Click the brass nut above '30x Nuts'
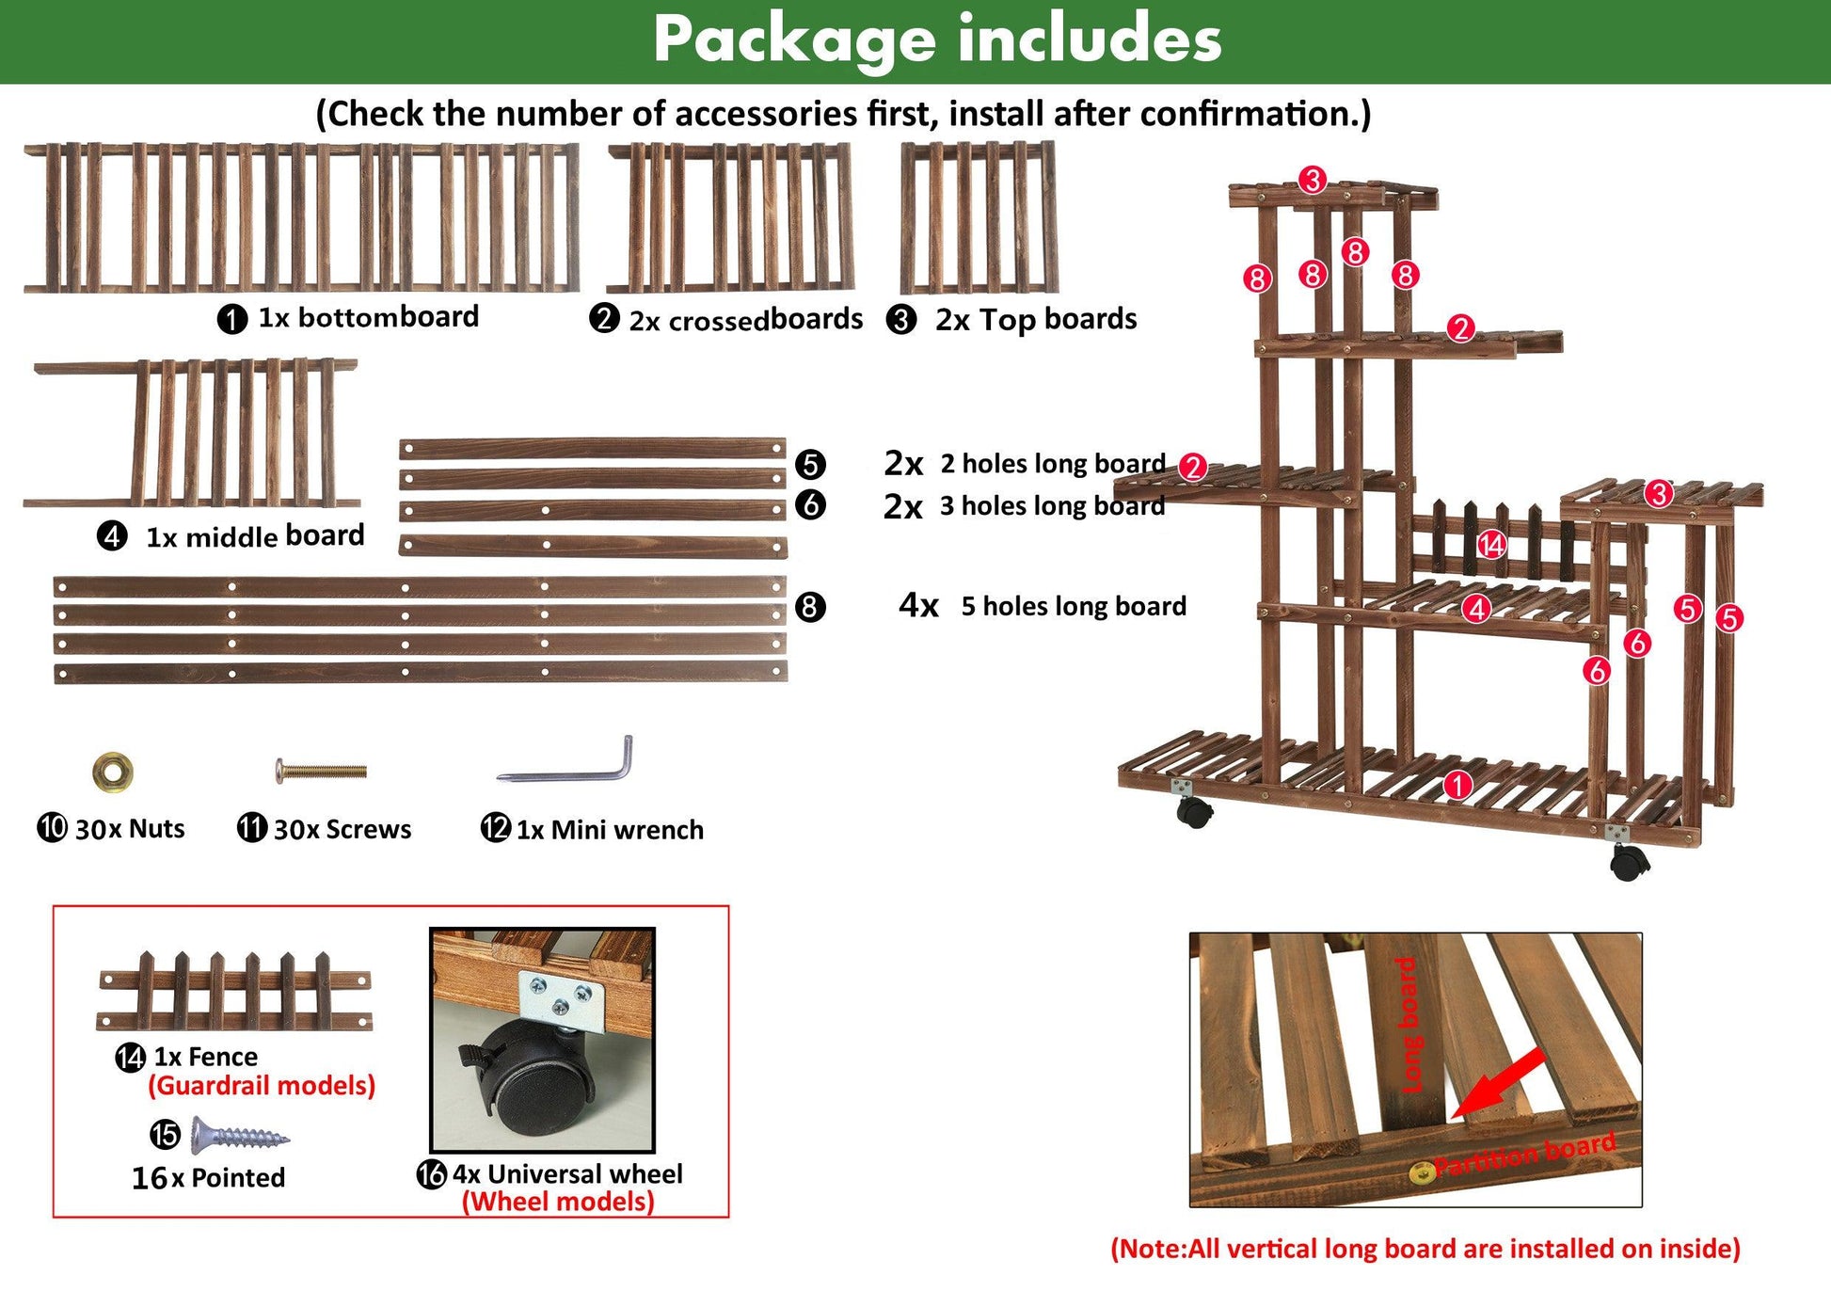click(113, 772)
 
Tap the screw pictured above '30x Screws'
click(321, 772)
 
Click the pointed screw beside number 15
click(240, 1136)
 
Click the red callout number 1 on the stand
click(1457, 785)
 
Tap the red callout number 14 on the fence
click(1491, 544)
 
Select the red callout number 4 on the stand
click(1476, 609)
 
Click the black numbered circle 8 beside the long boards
click(810, 607)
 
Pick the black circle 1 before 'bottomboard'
click(231, 319)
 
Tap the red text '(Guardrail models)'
click(262, 1086)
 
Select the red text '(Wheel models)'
click(558, 1202)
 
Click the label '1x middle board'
click(255, 536)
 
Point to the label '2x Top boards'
click(1036, 320)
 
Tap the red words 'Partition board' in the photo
click(1525, 1155)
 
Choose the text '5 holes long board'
click(1074, 606)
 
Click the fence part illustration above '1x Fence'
click(234, 992)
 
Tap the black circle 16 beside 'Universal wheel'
click(432, 1174)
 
